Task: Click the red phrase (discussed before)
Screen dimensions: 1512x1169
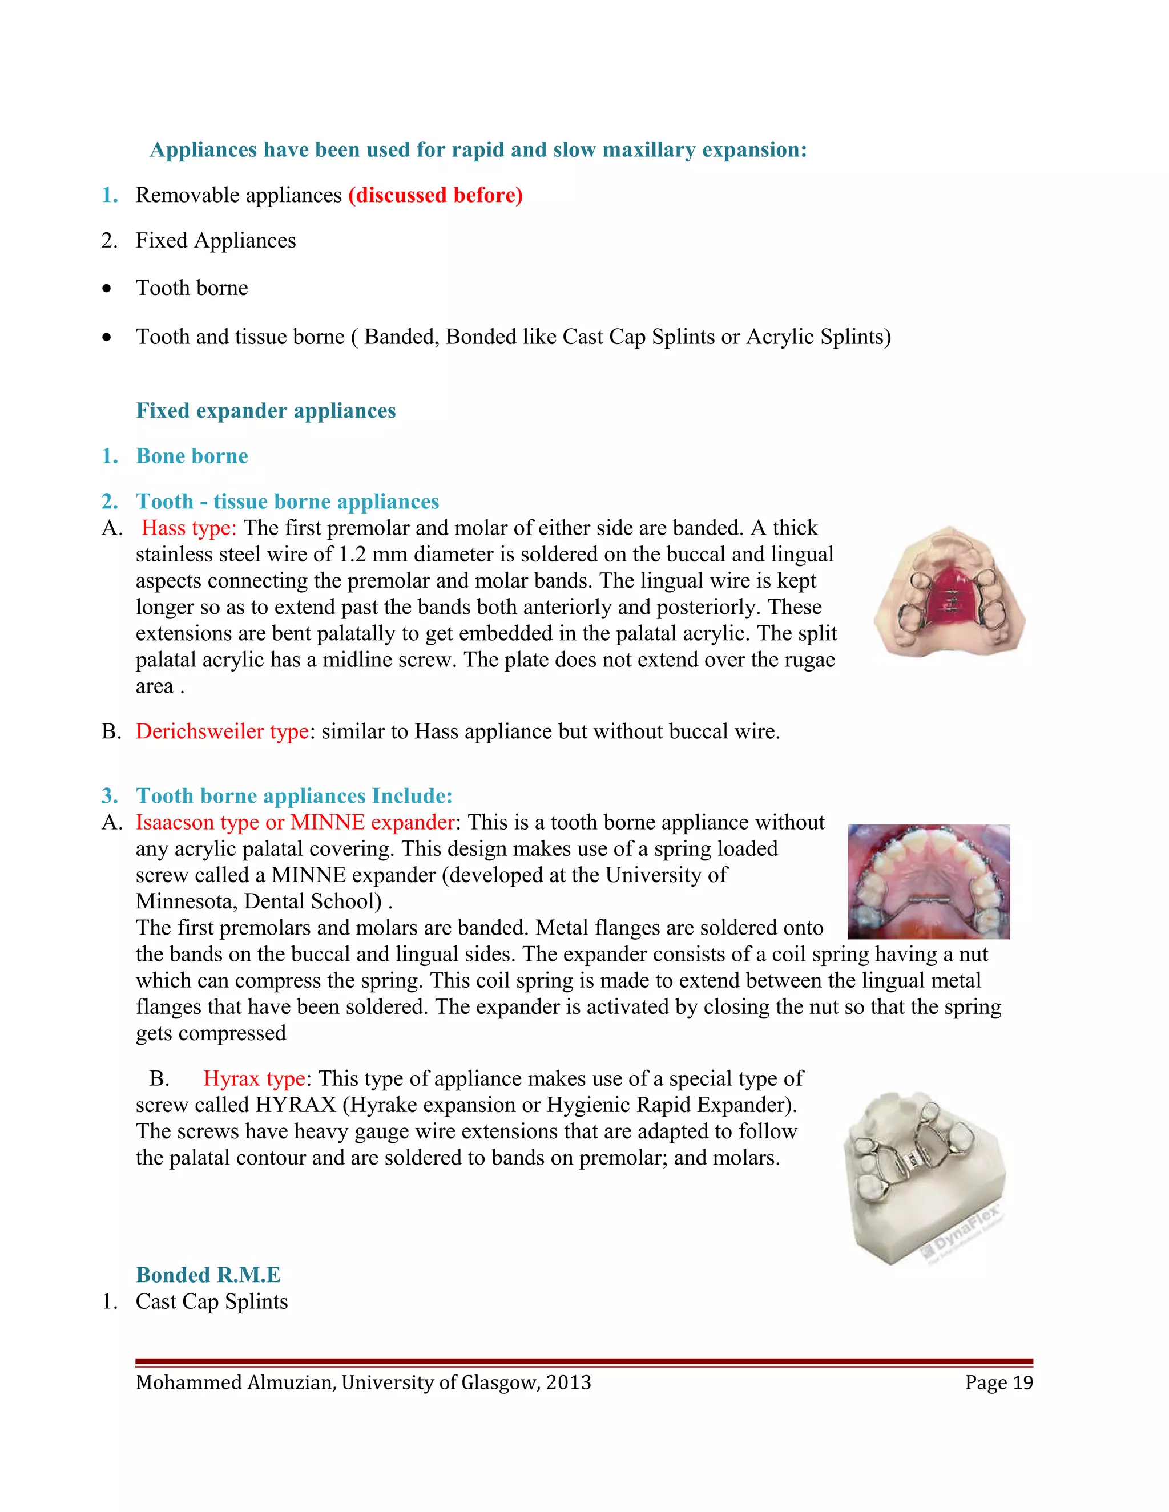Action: [x=435, y=195]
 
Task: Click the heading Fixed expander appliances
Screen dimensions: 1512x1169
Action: [x=265, y=411]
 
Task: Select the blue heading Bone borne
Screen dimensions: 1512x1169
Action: [x=192, y=456]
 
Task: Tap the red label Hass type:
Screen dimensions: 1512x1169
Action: [x=189, y=528]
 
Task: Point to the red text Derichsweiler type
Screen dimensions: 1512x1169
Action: [x=221, y=732]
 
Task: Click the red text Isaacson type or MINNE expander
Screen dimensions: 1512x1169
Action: [x=295, y=822]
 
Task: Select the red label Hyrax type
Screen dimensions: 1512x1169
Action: [x=254, y=1078]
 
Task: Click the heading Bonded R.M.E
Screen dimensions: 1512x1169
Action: [x=208, y=1275]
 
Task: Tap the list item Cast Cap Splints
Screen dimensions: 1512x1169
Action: [x=211, y=1301]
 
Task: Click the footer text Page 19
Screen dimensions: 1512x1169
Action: [x=999, y=1382]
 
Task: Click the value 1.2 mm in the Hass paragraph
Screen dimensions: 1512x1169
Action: [x=373, y=555]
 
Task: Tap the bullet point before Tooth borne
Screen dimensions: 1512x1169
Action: [x=106, y=289]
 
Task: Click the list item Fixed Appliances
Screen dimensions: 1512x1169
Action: [x=215, y=241]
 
